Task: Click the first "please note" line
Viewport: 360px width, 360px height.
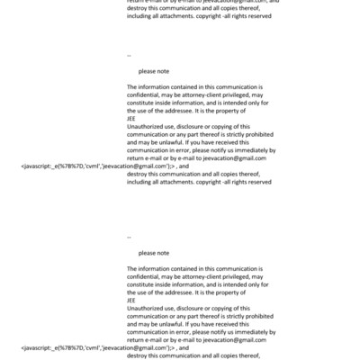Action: pyautogui.click(x=153, y=70)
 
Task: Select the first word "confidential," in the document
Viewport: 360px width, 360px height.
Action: pyautogui.click(x=146, y=94)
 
